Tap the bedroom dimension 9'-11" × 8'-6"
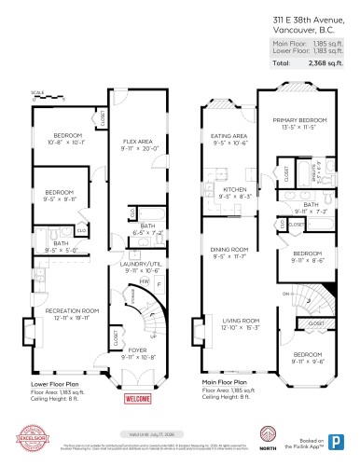(308, 261)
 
